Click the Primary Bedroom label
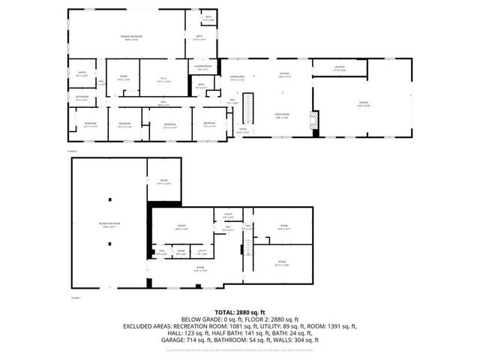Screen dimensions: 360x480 [125, 38]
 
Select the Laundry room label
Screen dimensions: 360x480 [340, 69]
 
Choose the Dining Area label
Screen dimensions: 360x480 [238, 78]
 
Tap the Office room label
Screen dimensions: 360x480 [82, 73]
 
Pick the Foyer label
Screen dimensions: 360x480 [243, 131]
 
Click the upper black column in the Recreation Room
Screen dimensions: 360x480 [109, 199]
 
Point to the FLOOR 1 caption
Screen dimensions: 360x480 [75, 298]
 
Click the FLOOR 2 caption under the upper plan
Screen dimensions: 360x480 [73, 151]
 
